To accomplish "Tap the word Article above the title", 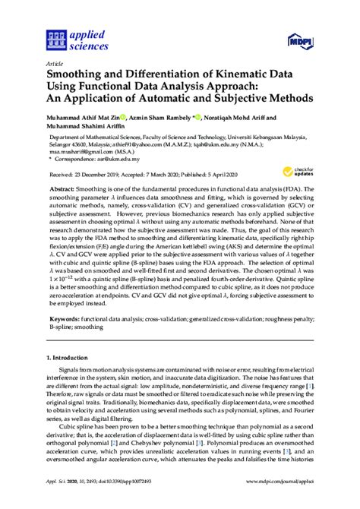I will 55,64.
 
